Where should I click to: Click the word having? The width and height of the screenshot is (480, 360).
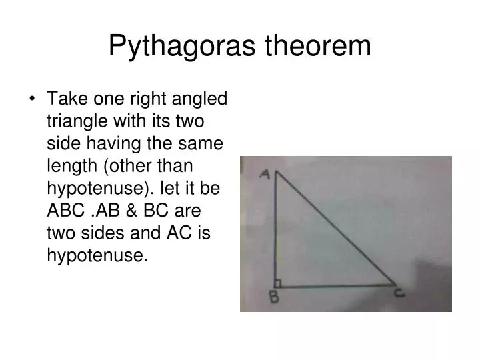click(x=112, y=144)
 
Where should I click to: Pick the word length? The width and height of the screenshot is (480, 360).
click(x=70, y=167)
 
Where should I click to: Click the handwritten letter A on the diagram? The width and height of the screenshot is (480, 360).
click(x=265, y=175)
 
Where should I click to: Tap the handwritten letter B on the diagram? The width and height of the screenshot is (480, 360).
click(x=273, y=298)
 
